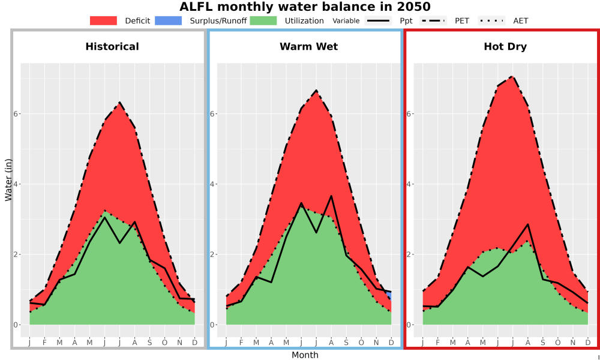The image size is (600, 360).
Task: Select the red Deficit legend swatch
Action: click(103, 20)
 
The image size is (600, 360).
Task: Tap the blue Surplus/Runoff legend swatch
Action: click(169, 20)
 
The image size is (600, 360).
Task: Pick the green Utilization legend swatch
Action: click(263, 20)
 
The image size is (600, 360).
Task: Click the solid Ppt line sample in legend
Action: click(378, 20)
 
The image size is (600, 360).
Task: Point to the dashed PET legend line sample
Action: click(433, 20)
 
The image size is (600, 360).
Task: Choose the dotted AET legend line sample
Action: click(491, 20)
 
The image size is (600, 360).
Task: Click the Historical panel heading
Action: click(112, 47)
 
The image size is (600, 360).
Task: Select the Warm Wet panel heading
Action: click(309, 47)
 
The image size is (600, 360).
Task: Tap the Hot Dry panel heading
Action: click(505, 47)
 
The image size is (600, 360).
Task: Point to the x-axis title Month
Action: click(305, 355)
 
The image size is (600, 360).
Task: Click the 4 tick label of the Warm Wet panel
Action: click(214, 184)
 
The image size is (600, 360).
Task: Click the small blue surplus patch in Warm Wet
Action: click(389, 295)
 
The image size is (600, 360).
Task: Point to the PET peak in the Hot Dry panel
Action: click(512, 77)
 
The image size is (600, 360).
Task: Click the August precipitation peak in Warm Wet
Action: click(331, 196)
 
